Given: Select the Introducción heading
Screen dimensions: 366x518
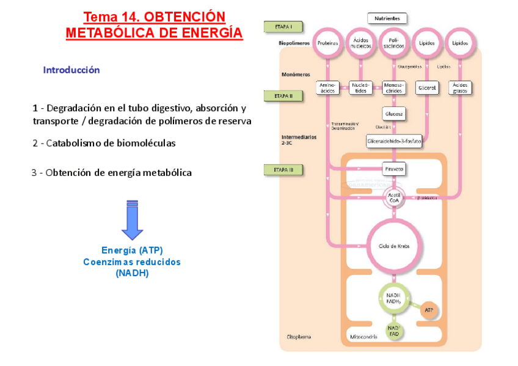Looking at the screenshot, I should (71, 70).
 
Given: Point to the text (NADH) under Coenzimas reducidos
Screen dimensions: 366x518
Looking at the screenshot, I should (132, 273).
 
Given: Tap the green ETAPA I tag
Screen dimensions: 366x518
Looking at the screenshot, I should (282, 27).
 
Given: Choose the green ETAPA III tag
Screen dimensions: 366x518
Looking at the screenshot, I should (282, 169).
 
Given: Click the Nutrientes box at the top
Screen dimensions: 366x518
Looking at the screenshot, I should (387, 19).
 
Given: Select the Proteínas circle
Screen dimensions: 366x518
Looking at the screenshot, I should (327, 43).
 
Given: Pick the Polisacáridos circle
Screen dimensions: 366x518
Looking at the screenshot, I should (394, 43).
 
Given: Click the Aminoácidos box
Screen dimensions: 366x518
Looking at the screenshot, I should (327, 87).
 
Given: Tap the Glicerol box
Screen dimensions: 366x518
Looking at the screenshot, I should (426, 87).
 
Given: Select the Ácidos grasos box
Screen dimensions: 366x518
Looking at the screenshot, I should (459, 87).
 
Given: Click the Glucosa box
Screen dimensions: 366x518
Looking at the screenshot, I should (394, 114).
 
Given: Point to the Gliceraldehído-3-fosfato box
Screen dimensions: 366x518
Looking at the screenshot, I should (394, 141).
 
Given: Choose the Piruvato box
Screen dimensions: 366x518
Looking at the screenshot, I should (394, 168).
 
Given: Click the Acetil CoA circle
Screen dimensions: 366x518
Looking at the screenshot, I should (394, 197).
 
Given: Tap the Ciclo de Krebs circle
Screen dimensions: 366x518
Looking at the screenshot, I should (394, 246).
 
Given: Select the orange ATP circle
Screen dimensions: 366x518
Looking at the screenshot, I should (428, 310).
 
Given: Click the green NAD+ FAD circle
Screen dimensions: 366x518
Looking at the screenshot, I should (394, 331).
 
